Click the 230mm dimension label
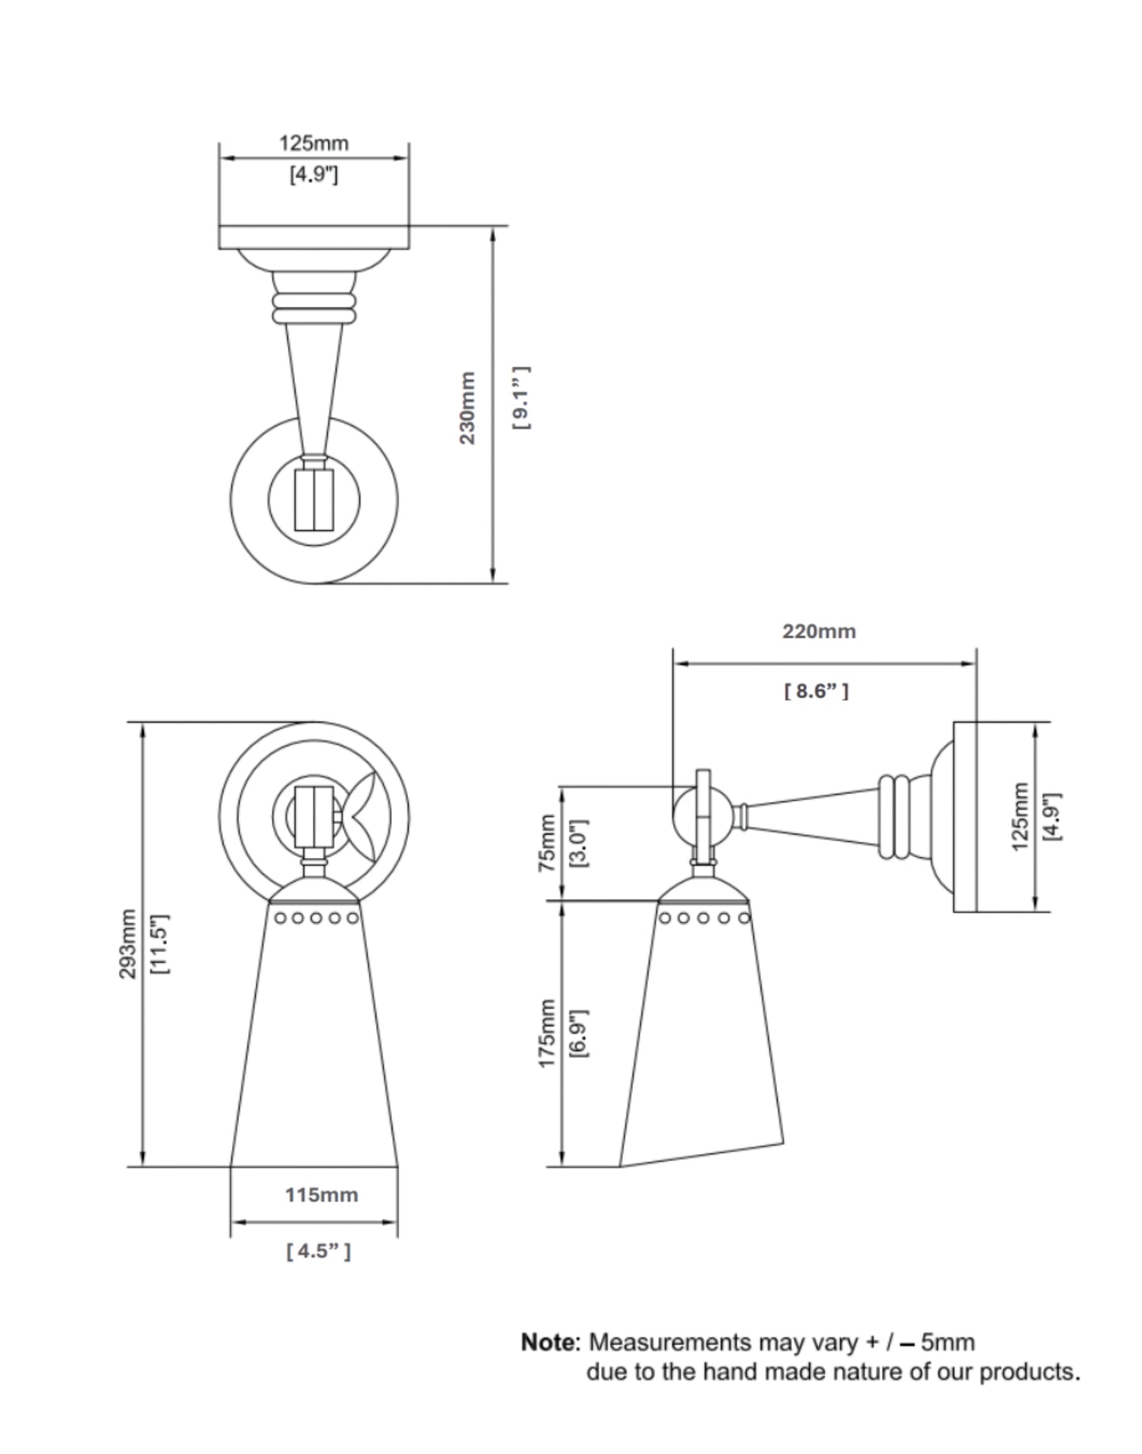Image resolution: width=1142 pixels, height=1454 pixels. tap(468, 407)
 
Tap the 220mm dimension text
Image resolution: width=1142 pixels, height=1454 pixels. tap(819, 631)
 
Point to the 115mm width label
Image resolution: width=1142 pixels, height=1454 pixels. tap(322, 1195)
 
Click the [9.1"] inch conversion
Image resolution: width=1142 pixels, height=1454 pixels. tap(521, 398)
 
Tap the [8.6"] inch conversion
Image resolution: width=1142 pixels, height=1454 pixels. tap(816, 691)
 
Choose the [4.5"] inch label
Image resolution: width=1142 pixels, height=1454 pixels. tap(318, 1252)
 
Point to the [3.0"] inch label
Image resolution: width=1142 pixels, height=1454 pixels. tap(579, 843)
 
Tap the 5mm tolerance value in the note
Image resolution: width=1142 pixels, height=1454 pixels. tap(948, 1343)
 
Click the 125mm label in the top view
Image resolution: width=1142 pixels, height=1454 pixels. tap(314, 143)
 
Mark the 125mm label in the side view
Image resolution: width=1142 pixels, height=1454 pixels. tap(1020, 817)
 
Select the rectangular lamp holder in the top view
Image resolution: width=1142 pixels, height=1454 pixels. tap(315, 499)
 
